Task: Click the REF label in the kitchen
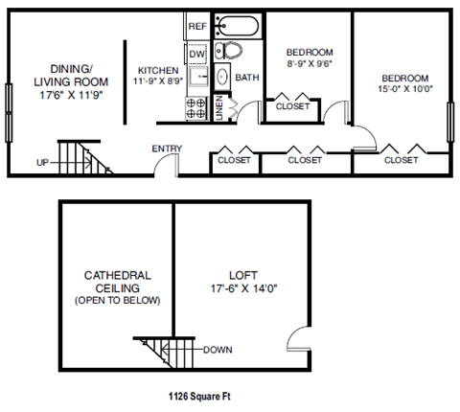[x=197, y=26]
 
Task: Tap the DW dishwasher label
[x=197, y=54]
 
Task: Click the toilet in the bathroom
[x=221, y=51]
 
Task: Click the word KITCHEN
[x=157, y=71]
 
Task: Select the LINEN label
[x=218, y=107]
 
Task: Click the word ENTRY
[x=168, y=149]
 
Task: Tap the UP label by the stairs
[x=42, y=163]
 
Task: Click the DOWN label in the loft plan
[x=217, y=350]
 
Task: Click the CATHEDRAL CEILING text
[x=117, y=280]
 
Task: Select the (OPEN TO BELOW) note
[x=117, y=301]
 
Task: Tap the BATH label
[x=247, y=79]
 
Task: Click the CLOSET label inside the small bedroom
[x=292, y=106]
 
